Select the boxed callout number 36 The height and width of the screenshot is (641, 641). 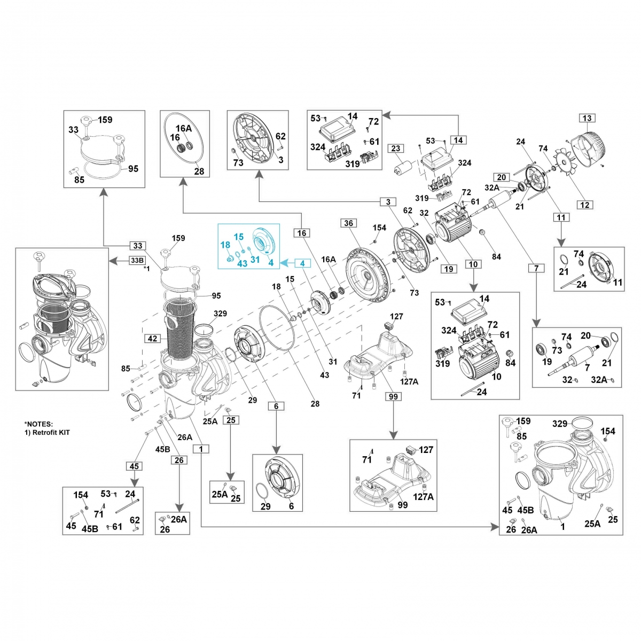(349, 223)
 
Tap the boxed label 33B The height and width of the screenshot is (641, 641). (137, 260)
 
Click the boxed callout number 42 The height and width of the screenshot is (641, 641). (152, 338)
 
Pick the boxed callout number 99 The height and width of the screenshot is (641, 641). (394, 396)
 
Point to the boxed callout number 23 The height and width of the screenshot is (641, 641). (396, 149)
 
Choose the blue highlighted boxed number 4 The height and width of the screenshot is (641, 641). (302, 263)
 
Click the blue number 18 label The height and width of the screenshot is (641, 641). (225, 245)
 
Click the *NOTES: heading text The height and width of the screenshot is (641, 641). (39, 424)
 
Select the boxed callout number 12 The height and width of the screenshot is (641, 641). (585, 205)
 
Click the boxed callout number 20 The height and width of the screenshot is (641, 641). (502, 177)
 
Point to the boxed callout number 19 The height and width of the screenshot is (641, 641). (449, 269)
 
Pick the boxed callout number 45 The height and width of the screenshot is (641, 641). (134, 466)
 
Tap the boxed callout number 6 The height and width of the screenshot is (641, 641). (276, 407)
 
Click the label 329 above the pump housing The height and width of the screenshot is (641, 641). (220, 314)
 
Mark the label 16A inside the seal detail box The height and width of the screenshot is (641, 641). (184, 128)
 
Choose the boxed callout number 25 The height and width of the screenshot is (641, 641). (231, 420)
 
